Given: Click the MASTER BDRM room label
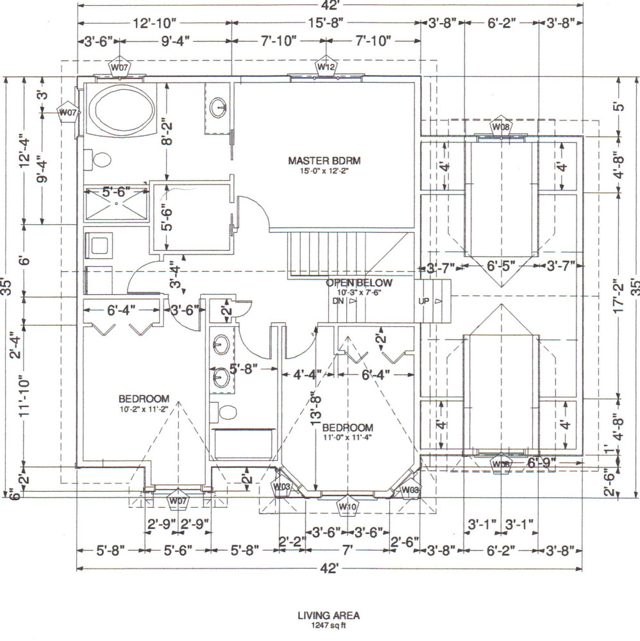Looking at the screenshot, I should tap(324, 161).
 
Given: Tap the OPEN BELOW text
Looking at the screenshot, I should tap(359, 283).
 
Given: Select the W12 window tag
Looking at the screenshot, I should tap(326, 66).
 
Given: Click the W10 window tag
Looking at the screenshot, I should tap(347, 507).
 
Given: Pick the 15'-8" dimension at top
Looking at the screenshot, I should tap(325, 22).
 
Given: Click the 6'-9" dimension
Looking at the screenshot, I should tap(542, 462).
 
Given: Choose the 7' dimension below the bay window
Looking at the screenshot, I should tap(347, 550).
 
